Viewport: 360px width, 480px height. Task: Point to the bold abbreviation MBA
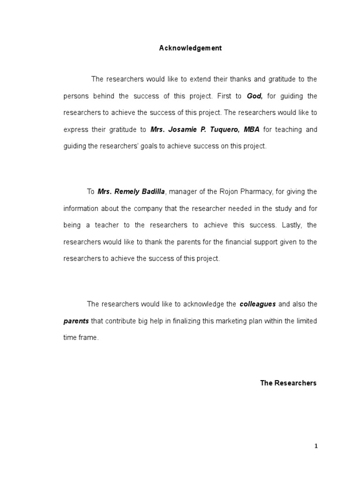tap(252, 129)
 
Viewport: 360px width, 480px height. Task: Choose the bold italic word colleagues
tap(257, 304)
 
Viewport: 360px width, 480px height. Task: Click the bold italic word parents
tap(76, 321)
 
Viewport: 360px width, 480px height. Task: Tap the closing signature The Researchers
tap(288, 383)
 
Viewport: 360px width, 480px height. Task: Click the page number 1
tap(316, 446)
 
